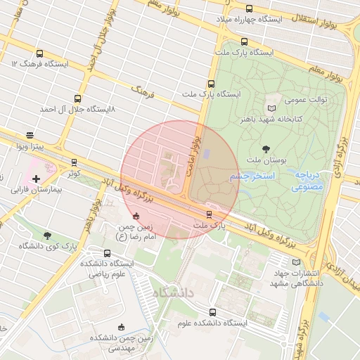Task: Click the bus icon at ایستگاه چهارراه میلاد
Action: pyautogui.click(x=250, y=8)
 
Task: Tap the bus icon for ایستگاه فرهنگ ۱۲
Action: pyautogui.click(x=39, y=53)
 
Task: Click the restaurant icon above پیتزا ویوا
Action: pyautogui.click(x=30, y=135)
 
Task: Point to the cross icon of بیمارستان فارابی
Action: pyautogui.click(x=37, y=179)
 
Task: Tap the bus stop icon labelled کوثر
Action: pyautogui.click(x=75, y=162)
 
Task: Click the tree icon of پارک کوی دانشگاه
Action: pyautogui.click(x=47, y=236)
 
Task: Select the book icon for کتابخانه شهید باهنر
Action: pyautogui.click(x=272, y=108)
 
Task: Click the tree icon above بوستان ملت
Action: pyautogui.click(x=266, y=148)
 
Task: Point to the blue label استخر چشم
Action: pyautogui.click(x=252, y=176)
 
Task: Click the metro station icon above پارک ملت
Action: pyautogui.click(x=209, y=214)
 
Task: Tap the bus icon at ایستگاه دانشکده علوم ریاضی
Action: pyautogui.click(x=107, y=253)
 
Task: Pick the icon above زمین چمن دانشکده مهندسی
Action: pyautogui.click(x=121, y=327)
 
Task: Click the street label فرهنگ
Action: pyautogui.click(x=143, y=91)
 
